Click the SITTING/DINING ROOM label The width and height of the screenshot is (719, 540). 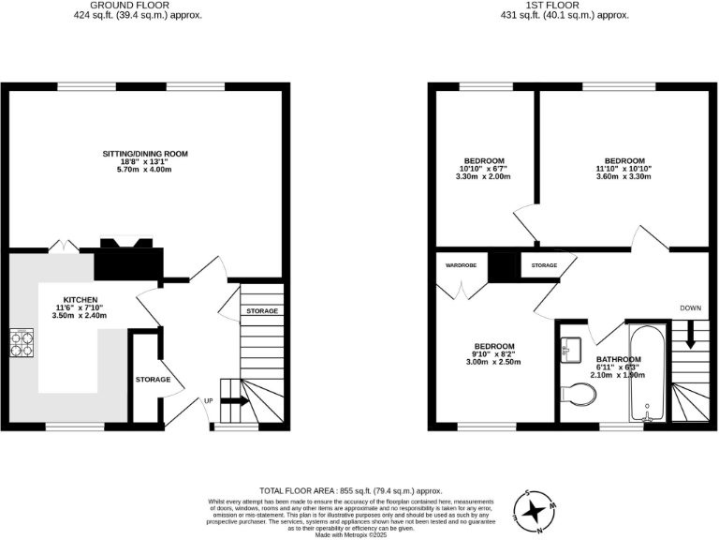[146, 153]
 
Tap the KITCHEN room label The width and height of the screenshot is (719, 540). [81, 299]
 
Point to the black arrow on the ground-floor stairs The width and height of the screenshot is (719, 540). [235, 400]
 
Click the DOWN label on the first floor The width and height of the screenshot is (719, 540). [692, 307]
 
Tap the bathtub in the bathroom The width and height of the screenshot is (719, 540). [648, 374]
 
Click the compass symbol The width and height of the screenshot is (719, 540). [536, 510]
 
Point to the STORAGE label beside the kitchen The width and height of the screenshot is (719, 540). [153, 380]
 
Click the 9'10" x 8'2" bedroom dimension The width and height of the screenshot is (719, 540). [493, 354]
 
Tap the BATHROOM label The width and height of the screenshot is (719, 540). [619, 360]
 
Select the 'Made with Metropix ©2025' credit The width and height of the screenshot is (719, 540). [350, 534]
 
